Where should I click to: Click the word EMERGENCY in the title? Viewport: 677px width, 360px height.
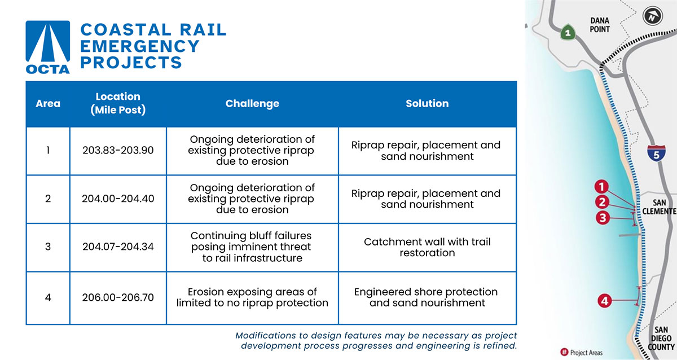tap(140, 46)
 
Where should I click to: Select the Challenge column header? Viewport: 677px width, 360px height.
tap(252, 104)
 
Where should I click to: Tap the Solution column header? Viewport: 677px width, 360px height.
tap(427, 104)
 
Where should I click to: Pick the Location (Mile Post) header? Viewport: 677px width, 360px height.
tap(118, 103)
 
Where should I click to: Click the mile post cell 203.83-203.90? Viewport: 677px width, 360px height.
tap(118, 151)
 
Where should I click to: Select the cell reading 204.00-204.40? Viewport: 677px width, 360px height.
tap(118, 199)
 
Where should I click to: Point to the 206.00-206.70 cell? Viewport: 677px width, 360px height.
tap(118, 297)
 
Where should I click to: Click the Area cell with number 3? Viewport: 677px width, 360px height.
tap(48, 247)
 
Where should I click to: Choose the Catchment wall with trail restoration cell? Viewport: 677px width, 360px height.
tap(427, 247)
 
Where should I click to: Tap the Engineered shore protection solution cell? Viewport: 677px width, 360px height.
tap(427, 297)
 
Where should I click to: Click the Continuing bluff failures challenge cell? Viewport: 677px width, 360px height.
tap(252, 247)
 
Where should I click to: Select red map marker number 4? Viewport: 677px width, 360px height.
tap(605, 301)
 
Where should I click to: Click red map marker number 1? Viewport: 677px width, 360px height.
tap(603, 187)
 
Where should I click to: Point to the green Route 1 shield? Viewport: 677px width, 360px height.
tap(568, 33)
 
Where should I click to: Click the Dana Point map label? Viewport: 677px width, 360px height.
tap(600, 25)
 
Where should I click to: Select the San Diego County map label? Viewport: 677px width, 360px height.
tap(661, 339)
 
